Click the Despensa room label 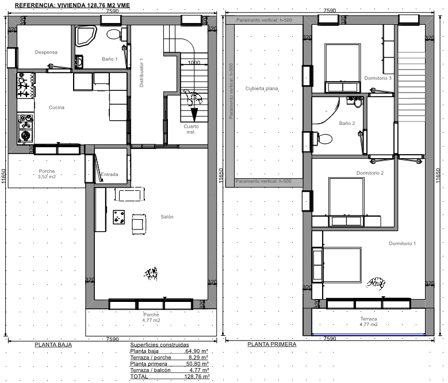point(46,52)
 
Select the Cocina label point(56,108)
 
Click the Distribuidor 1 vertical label point(141,72)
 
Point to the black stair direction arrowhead point(194,114)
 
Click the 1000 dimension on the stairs point(194,63)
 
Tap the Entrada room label point(109,174)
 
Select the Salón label point(167,217)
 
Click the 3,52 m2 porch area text point(47,177)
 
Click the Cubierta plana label point(262,89)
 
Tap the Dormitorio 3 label point(378,78)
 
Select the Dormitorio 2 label point(370,173)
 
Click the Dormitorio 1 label point(403,243)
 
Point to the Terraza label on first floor point(369,319)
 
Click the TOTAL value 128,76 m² point(197,377)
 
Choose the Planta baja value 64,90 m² point(197,351)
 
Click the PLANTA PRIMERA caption point(271,344)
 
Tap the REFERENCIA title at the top point(72,5)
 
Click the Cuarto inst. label point(191,129)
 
